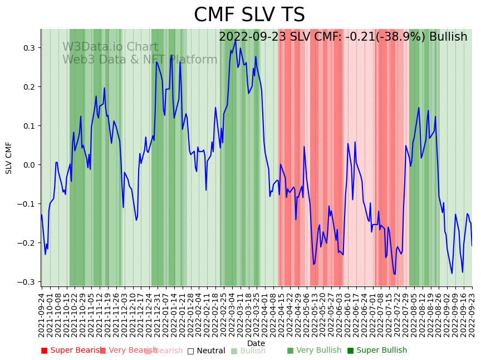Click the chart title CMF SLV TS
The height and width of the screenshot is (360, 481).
pyautogui.click(x=249, y=15)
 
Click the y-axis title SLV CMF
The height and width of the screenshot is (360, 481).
pyautogui.click(x=9, y=158)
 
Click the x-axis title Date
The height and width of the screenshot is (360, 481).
pyautogui.click(x=256, y=343)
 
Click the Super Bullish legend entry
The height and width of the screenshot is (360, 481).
pyautogui.click(x=381, y=351)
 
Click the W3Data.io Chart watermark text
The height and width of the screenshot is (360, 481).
pyautogui.click(x=110, y=47)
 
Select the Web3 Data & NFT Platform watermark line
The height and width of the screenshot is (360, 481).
pyautogui.click(x=140, y=60)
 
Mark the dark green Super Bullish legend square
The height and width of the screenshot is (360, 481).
pyautogui.click(x=351, y=351)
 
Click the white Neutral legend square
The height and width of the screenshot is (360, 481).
pyautogui.click(x=190, y=351)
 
